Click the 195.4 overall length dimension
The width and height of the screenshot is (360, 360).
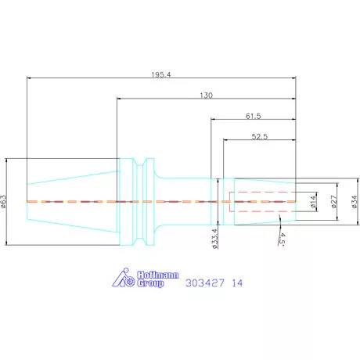[161, 74]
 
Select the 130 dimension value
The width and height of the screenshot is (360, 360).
[206, 95]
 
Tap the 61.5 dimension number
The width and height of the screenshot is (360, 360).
[254, 116]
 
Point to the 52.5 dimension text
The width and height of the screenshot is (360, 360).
[260, 136]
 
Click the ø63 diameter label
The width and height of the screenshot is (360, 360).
[3, 201]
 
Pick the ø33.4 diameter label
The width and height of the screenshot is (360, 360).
[214, 239]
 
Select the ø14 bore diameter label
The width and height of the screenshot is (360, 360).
[313, 202]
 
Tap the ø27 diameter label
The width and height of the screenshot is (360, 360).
[334, 202]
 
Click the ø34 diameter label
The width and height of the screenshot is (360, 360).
[355, 202]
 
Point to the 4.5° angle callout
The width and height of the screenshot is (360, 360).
[281, 239]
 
